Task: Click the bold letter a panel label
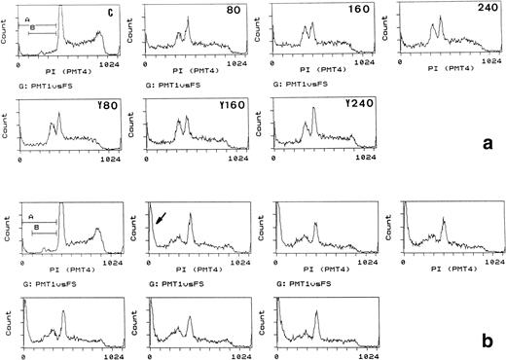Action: [488, 143]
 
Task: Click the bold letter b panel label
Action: [488, 342]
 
